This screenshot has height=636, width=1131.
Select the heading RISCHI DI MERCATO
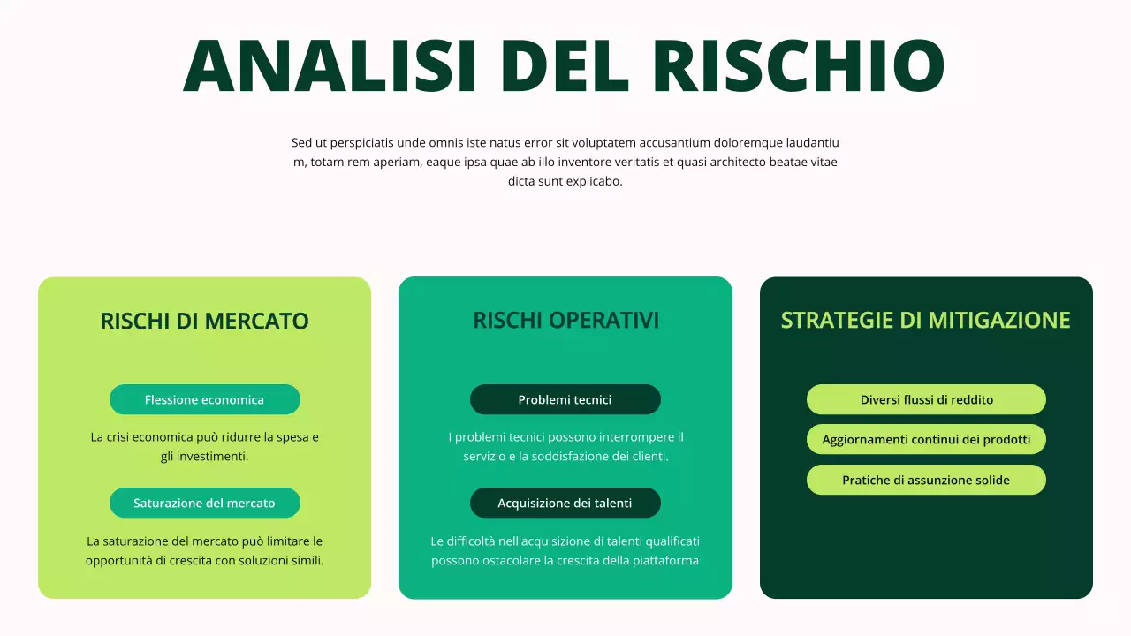[x=204, y=322]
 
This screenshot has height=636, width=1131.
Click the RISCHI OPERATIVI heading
[x=565, y=320]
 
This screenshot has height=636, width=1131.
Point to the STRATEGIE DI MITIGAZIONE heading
[x=925, y=320]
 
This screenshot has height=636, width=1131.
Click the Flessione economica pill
[x=204, y=400]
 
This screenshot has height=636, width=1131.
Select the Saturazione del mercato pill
[x=204, y=503]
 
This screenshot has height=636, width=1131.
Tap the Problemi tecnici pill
[x=565, y=400]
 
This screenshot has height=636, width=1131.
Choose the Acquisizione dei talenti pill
[x=565, y=503]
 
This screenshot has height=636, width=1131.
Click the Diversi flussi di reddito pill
[x=926, y=400]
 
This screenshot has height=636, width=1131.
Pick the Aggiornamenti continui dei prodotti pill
[x=926, y=440]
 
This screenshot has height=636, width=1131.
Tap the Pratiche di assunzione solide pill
[x=926, y=481]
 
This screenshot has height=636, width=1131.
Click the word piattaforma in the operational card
[x=663, y=561]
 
